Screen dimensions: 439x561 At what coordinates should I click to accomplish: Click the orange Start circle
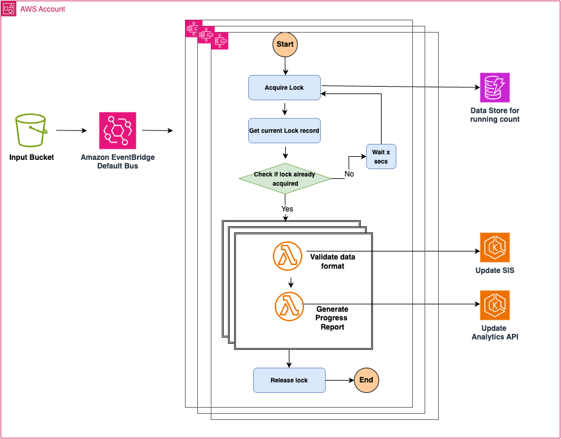click(x=284, y=45)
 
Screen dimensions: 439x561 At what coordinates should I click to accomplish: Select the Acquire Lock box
click(x=284, y=88)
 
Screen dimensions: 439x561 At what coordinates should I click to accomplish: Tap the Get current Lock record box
click(x=284, y=131)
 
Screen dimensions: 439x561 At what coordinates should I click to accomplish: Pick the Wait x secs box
click(x=382, y=157)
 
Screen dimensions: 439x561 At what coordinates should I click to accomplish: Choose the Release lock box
click(x=289, y=381)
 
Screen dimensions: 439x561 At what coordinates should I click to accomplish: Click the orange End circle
click(x=366, y=380)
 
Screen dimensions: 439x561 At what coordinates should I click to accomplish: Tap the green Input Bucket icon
click(x=31, y=131)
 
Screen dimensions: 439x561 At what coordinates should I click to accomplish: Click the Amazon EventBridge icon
click(x=117, y=131)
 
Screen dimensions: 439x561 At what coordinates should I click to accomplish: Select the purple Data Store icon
click(x=495, y=88)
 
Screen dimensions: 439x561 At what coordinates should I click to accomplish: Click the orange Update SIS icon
click(x=495, y=248)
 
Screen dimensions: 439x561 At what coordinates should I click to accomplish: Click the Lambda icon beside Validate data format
click(x=288, y=257)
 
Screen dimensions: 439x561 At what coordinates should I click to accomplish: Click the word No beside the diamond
click(x=349, y=175)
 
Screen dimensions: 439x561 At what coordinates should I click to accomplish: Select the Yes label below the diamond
click(x=287, y=209)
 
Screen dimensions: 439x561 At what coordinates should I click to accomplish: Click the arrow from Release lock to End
click(x=339, y=381)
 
